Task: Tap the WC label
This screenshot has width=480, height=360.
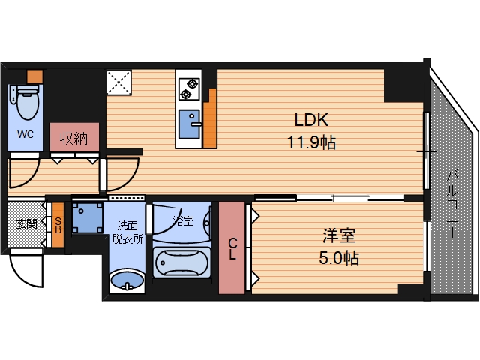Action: [x=25, y=136]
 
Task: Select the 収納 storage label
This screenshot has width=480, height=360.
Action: [x=75, y=139]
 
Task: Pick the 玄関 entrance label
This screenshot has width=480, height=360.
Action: [x=27, y=223]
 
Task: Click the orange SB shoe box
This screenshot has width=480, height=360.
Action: [x=58, y=225]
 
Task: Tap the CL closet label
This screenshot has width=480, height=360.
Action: [x=232, y=247]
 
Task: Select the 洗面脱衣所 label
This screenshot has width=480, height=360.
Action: [x=126, y=232]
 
